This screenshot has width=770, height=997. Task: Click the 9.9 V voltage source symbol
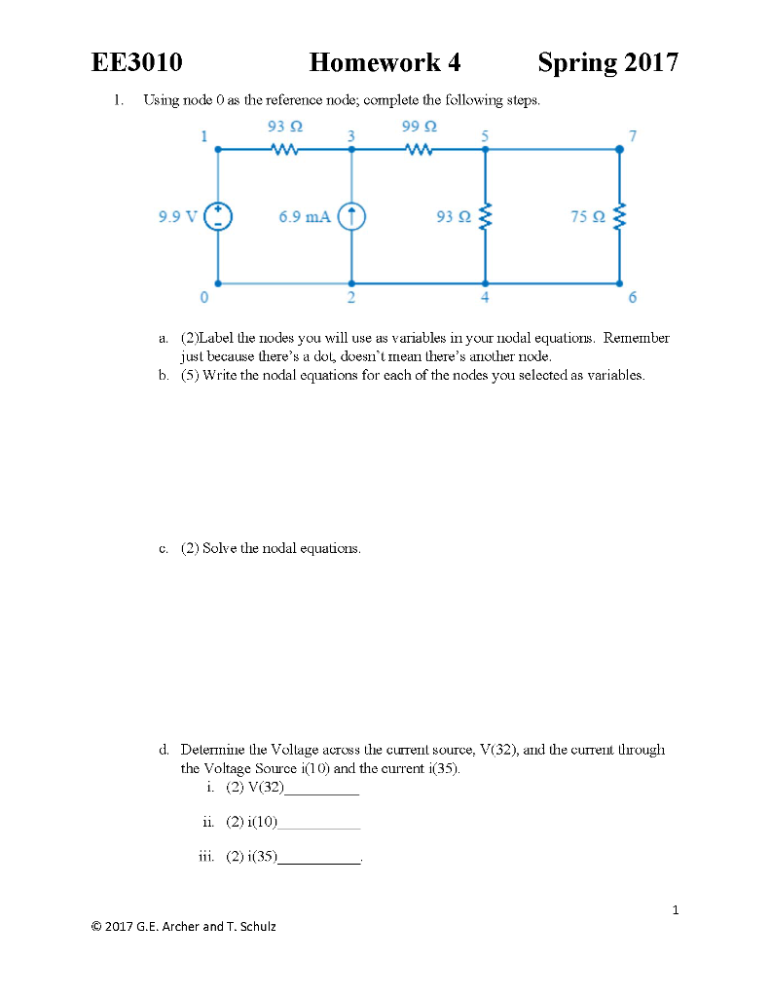(x=217, y=216)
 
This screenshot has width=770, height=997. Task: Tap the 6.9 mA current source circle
(x=351, y=216)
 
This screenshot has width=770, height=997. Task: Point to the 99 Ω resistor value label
(x=419, y=127)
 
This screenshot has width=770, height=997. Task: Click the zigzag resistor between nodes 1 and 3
(x=284, y=150)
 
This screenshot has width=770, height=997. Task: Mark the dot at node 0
(x=217, y=283)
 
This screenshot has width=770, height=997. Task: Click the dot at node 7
(x=619, y=150)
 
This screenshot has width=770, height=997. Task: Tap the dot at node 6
(x=619, y=283)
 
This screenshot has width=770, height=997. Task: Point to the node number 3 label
(x=351, y=134)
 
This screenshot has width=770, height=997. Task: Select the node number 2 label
(x=351, y=297)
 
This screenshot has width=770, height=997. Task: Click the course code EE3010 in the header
(x=136, y=64)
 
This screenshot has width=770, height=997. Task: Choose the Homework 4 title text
(x=385, y=64)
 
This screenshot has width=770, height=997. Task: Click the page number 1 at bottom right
(x=675, y=910)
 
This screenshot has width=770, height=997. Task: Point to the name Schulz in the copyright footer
(x=256, y=926)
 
